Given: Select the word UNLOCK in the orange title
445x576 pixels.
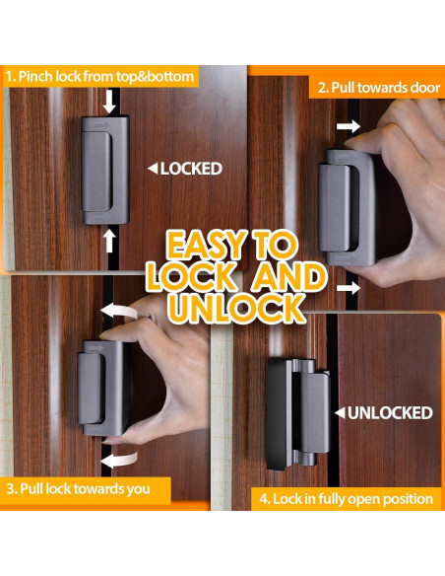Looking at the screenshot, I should (x=236, y=308).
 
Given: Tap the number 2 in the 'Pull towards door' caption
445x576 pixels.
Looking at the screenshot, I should (x=322, y=87).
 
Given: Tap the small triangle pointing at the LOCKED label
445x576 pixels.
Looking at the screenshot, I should (x=152, y=169).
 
